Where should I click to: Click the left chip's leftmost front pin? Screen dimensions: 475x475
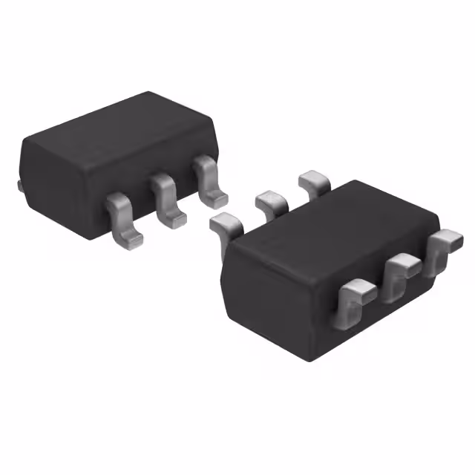(123, 218)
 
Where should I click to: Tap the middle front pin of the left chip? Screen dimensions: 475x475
(167, 198)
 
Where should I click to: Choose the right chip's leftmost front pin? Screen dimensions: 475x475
(355, 297)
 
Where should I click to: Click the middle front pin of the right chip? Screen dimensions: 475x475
(401, 273)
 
